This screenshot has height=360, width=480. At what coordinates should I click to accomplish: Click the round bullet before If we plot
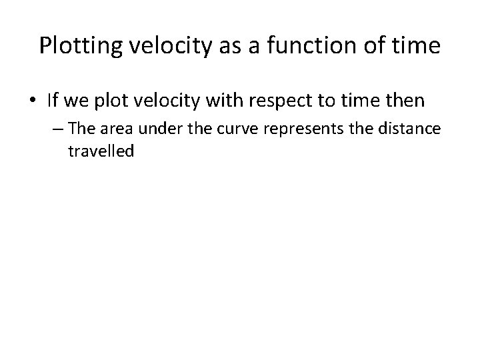(33, 101)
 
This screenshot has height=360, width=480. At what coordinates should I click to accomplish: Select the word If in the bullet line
(53, 101)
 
